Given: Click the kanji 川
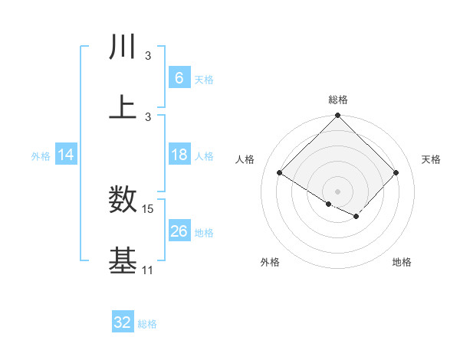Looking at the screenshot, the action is pyautogui.click(x=123, y=47).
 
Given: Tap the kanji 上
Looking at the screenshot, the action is pyautogui.click(x=123, y=107).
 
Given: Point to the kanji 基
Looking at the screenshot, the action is pyautogui.click(x=123, y=260).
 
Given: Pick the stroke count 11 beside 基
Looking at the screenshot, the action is pyautogui.click(x=148, y=270).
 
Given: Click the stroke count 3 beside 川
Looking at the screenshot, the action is pyautogui.click(x=148, y=56).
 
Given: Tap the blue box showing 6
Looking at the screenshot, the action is pyautogui.click(x=179, y=78).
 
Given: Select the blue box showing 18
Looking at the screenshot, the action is pyautogui.click(x=179, y=155).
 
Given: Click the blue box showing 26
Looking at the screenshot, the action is pyautogui.click(x=179, y=231).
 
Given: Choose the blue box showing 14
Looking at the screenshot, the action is pyautogui.click(x=66, y=155).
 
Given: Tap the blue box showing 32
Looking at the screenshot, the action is pyautogui.click(x=123, y=322).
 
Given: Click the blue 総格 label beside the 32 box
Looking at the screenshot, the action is pyautogui.click(x=147, y=324).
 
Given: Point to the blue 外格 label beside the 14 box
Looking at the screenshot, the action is pyautogui.click(x=41, y=155).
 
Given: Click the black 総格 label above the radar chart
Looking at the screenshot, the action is pyautogui.click(x=338, y=100).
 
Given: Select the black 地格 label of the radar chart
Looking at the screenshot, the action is pyautogui.click(x=402, y=262).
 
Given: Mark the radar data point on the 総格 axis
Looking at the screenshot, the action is pyautogui.click(x=338, y=116).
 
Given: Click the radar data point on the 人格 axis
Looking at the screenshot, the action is pyautogui.click(x=280, y=173).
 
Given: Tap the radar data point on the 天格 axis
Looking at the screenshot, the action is pyautogui.click(x=396, y=173).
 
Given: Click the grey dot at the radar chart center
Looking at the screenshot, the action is pyautogui.click(x=338, y=191).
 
